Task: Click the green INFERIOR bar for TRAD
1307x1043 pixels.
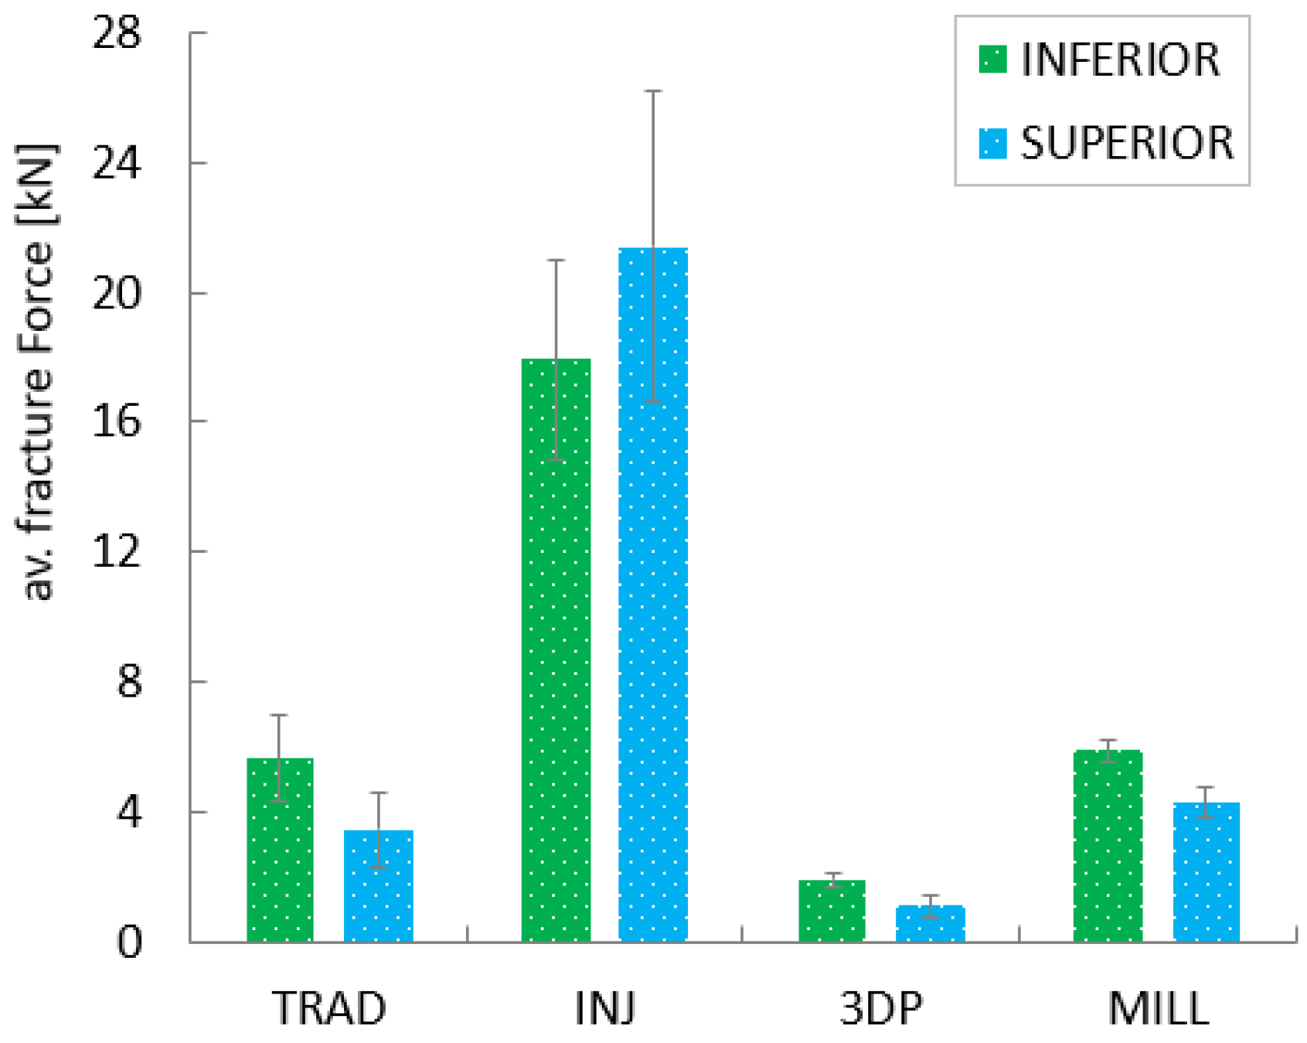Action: pyautogui.click(x=280, y=850)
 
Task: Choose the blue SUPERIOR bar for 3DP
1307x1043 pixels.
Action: pyautogui.click(x=930, y=924)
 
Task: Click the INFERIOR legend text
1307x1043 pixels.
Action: pyautogui.click(x=1120, y=60)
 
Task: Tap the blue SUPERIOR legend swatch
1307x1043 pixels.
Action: pyautogui.click(x=992, y=144)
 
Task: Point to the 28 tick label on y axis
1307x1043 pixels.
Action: pyautogui.click(x=117, y=33)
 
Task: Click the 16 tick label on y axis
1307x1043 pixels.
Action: pyautogui.click(x=117, y=421)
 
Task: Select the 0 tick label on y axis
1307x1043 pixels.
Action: pyautogui.click(x=130, y=942)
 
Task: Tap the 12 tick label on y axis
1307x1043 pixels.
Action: pyautogui.click(x=117, y=551)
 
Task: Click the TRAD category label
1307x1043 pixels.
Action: pyautogui.click(x=329, y=1008)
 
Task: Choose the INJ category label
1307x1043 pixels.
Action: pyautogui.click(x=605, y=1008)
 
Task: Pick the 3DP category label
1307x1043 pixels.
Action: pyautogui.click(x=881, y=1008)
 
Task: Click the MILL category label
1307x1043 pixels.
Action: pyautogui.click(x=1158, y=1008)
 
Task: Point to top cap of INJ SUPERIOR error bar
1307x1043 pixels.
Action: pyautogui.click(x=653, y=91)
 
